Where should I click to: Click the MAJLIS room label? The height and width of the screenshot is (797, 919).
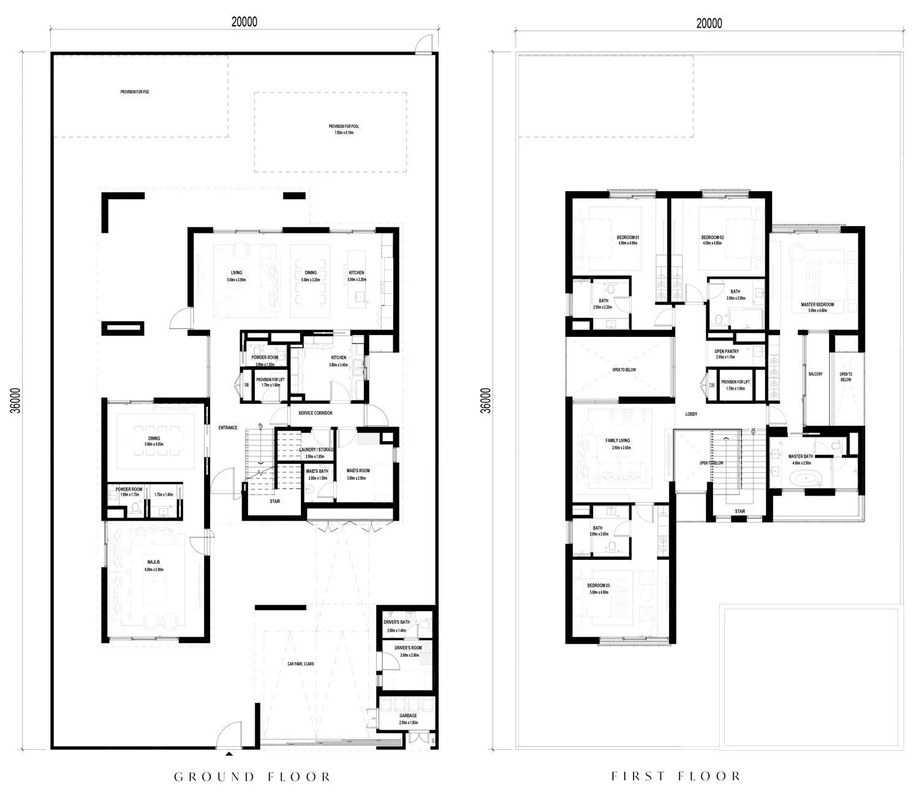coord(154,562)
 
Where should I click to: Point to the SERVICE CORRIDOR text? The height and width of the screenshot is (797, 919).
coord(316,413)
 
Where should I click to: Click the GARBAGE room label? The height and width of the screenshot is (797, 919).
coord(408,716)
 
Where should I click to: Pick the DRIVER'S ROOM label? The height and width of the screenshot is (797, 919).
coord(408,648)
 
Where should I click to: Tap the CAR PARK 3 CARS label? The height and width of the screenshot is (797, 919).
coord(301,663)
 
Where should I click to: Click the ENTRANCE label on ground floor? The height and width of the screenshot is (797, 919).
coord(228,428)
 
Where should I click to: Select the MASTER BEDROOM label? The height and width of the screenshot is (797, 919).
coord(817,304)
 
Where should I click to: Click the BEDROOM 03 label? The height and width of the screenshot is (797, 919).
coord(599,586)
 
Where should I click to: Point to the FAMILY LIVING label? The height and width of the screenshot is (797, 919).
coord(618,440)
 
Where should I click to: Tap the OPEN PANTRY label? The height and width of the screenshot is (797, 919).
coord(727,352)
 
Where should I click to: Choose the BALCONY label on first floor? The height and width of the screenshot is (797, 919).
coord(815,374)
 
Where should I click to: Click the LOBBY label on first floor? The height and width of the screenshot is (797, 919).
coord(691,414)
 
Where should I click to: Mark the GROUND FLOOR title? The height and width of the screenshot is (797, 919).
coord(252,777)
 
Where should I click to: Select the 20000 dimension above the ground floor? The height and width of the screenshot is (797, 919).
coord(244,21)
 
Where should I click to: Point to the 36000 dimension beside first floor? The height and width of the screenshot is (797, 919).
coord(486,401)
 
